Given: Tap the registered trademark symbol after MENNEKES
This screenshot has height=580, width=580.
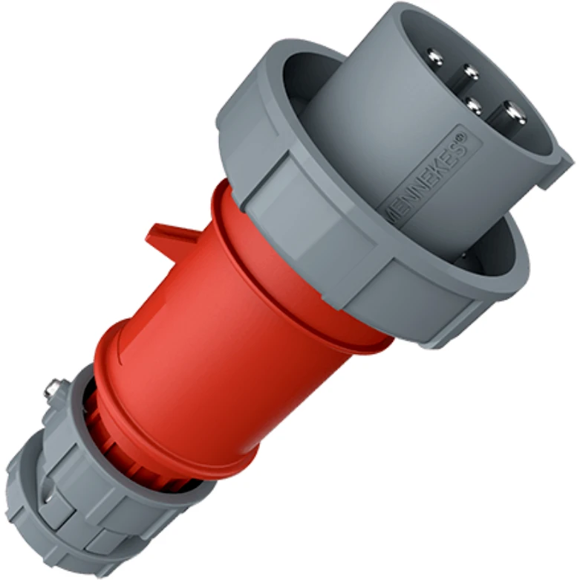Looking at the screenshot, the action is coord(463,137).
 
